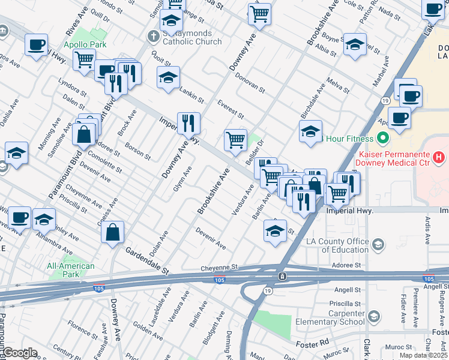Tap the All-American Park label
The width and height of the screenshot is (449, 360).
pos(71,270)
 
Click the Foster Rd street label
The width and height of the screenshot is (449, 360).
pos(313,343)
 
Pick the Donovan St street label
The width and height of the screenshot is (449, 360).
pos(250,84)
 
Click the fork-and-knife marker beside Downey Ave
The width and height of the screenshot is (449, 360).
pos(188,123)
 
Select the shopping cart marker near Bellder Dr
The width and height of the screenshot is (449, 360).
pos(236,140)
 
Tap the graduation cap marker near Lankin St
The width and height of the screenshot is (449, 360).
pos(169,77)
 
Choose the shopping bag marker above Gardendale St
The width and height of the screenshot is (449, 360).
pos(112,231)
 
